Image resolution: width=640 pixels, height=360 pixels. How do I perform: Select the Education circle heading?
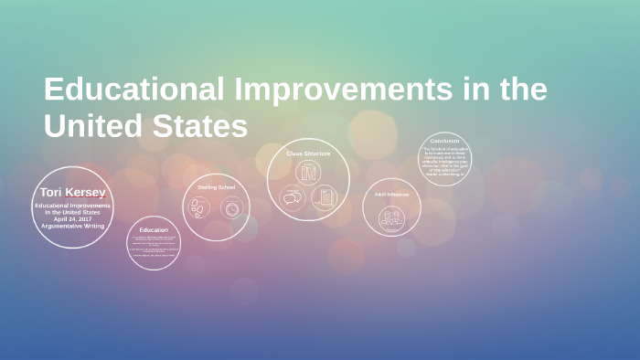pos(154,229)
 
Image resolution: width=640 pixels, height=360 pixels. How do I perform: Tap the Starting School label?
pos(217,186)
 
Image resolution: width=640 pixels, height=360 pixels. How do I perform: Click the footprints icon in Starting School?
pos(198,208)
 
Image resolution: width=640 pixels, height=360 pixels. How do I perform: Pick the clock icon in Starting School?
pos(232,208)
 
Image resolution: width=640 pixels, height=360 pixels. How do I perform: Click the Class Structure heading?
pos(309,154)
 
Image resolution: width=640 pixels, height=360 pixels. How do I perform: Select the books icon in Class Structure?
pos(309,174)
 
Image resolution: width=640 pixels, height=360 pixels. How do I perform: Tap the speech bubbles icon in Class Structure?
pos(293,196)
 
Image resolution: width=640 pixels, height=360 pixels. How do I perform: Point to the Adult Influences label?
pos(391,194)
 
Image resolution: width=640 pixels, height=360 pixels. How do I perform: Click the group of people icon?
pos(391,217)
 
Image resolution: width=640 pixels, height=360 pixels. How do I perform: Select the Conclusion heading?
pos(444,142)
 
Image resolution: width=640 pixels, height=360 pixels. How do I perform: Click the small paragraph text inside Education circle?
pos(154,248)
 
